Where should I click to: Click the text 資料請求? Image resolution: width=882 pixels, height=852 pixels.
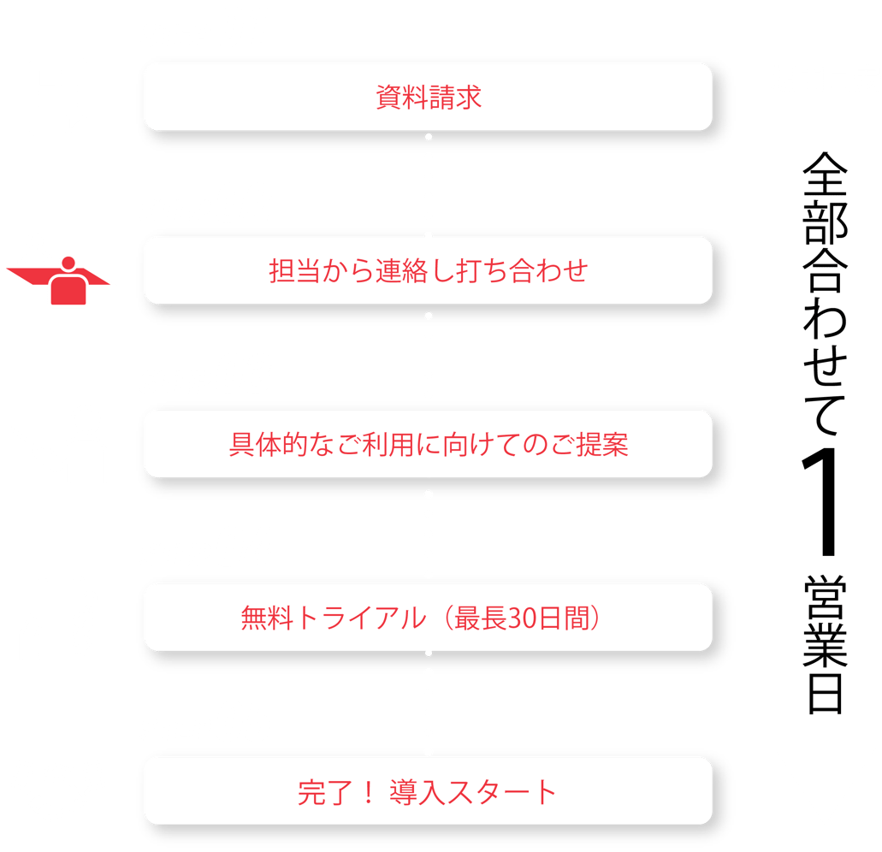(x=429, y=97)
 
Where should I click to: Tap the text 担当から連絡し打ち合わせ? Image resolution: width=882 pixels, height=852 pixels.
(x=429, y=271)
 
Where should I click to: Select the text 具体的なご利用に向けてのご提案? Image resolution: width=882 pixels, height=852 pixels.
(x=429, y=445)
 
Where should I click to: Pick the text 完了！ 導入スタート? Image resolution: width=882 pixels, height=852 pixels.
(x=429, y=791)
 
